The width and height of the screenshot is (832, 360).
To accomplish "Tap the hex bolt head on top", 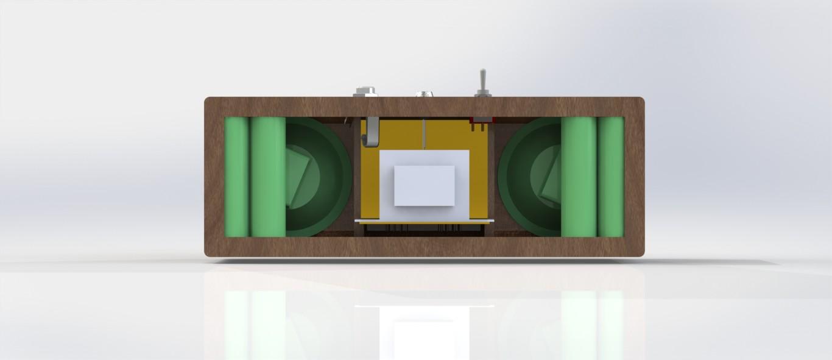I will point(365,92).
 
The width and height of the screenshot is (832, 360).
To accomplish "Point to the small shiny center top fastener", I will point(424,94).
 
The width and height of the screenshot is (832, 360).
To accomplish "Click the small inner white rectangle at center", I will point(424,185).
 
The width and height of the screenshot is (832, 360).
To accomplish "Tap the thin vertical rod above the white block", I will point(424,134).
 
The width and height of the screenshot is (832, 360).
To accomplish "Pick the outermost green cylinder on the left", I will point(236,177).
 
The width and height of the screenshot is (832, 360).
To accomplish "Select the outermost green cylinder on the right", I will point(610,177).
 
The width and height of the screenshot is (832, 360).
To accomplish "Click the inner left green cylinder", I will point(268,177).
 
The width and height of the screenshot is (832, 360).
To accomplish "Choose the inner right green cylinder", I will point(578,177).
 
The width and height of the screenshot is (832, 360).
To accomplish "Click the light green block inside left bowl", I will point(300,177).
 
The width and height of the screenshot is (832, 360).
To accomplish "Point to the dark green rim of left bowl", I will point(341,177).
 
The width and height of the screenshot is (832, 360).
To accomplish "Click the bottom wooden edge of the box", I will point(424,246).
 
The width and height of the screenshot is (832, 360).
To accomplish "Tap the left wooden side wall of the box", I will point(214,177).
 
